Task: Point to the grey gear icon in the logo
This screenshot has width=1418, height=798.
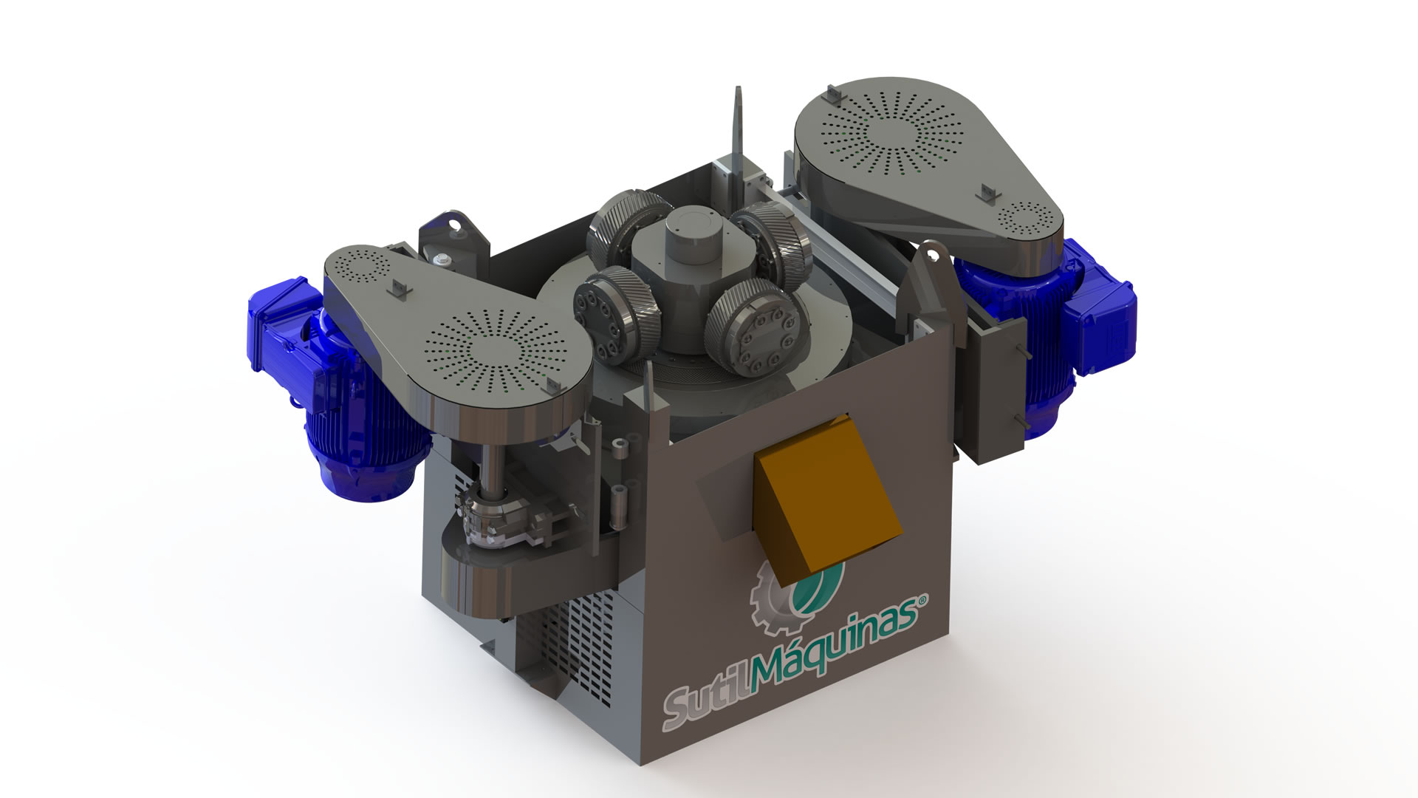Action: [x=772, y=591]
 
